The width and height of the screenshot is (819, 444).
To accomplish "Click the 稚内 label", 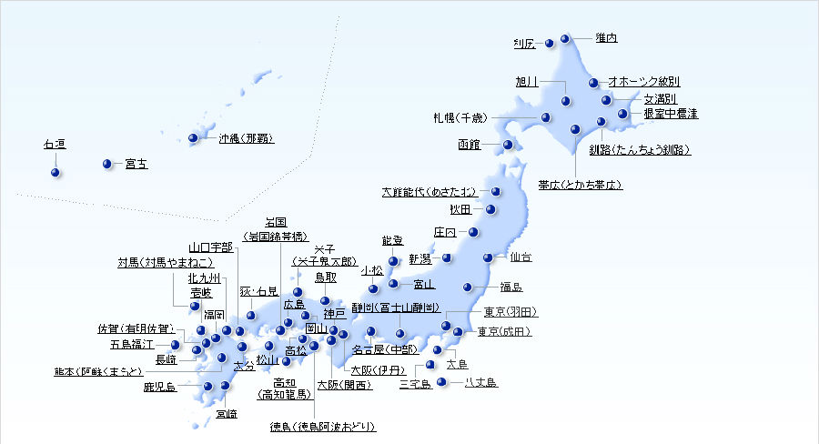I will (x=606, y=38).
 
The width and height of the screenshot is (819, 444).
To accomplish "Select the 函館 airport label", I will (x=470, y=145).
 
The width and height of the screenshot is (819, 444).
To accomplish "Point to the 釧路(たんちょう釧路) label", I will (x=640, y=149).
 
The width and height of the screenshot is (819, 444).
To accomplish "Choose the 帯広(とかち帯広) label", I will (x=580, y=184).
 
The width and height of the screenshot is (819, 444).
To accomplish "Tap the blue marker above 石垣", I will (x=56, y=172).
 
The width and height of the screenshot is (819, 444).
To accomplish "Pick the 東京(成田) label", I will (x=503, y=331).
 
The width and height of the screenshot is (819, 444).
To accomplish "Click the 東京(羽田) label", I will (x=509, y=312).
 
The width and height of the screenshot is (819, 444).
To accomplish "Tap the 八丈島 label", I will (x=480, y=383).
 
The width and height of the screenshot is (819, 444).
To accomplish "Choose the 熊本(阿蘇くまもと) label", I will (x=97, y=371).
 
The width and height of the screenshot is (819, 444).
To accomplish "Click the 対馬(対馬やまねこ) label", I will (x=165, y=262).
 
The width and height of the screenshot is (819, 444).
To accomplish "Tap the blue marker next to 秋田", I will (x=491, y=209).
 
